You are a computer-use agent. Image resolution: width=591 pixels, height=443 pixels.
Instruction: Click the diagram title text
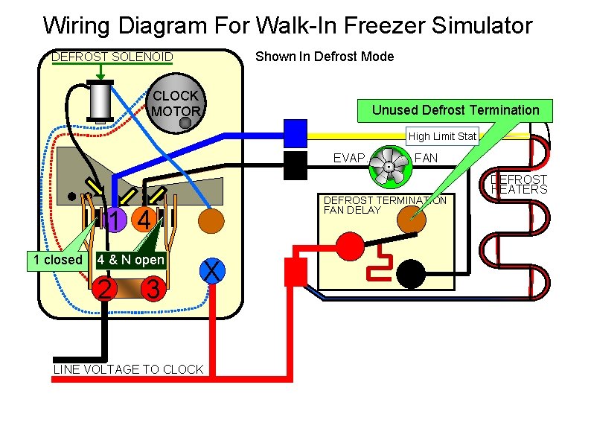[287, 26]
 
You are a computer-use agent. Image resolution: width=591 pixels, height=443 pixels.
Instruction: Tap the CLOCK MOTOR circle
[176, 103]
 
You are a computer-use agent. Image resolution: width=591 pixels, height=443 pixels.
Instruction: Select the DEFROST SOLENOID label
[112, 57]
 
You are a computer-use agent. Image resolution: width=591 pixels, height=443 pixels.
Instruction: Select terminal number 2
[106, 289]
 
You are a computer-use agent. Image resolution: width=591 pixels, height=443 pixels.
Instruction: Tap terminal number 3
[152, 289]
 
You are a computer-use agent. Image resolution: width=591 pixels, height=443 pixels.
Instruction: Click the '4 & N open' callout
[131, 260]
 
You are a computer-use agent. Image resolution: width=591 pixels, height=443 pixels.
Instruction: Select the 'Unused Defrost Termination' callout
[455, 110]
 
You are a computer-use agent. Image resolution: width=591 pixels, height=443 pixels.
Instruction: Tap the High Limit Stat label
[443, 136]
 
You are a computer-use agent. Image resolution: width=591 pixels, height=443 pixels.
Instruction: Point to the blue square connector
[295, 133]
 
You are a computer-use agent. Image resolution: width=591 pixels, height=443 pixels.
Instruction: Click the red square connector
[296, 273]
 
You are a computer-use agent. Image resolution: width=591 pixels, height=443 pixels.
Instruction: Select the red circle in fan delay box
[348, 244]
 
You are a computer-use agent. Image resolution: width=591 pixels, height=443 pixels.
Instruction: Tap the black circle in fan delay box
[410, 274]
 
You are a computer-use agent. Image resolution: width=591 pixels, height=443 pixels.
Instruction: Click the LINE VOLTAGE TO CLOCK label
[128, 369]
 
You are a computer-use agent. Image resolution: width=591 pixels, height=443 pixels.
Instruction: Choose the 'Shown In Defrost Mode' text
[325, 57]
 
